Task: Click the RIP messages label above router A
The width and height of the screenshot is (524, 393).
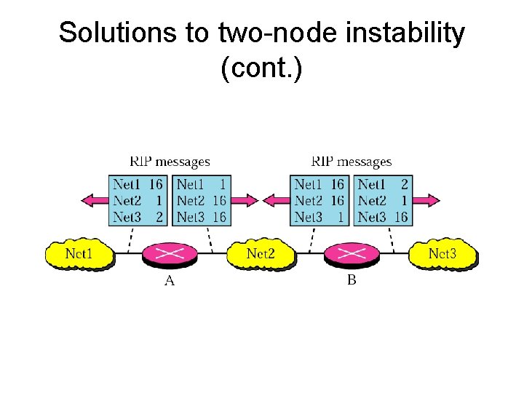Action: pos(170,162)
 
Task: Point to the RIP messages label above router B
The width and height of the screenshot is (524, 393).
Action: pos(352,162)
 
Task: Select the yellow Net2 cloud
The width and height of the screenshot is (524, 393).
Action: pos(261,254)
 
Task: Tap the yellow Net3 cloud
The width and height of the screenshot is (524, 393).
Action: pos(442,254)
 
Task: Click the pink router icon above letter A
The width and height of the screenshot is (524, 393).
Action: pos(170,254)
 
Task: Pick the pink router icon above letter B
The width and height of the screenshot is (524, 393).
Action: pos(352,254)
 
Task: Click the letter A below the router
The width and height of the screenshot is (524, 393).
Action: pos(170,281)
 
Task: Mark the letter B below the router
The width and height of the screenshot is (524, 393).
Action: pos(352,281)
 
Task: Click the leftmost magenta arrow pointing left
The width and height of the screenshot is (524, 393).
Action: pos(93,200)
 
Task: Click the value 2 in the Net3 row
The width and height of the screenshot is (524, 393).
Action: pos(159,217)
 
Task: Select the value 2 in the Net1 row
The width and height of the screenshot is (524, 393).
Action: pos(404,185)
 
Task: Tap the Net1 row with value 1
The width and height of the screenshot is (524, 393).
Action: pos(201,185)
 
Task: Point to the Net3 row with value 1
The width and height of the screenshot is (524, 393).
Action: pos(319,217)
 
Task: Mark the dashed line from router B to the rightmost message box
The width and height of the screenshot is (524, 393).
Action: pos(392,237)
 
